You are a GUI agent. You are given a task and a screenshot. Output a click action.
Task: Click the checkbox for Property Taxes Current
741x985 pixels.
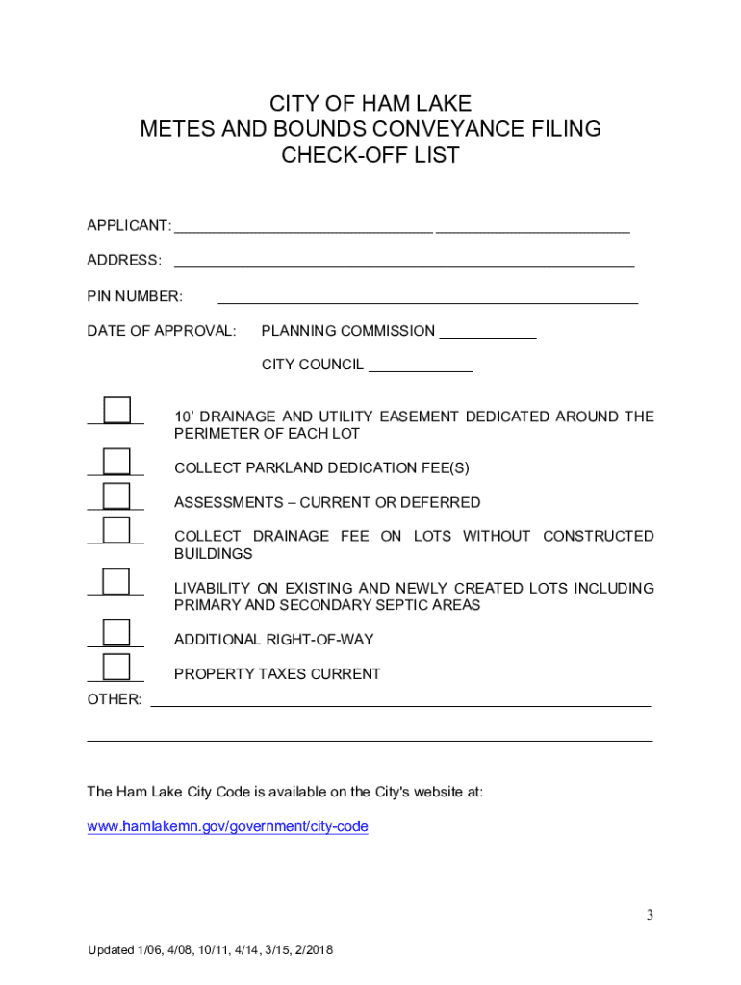pyautogui.click(x=116, y=667)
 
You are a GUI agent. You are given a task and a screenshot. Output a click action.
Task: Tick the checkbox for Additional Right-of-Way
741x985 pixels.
pyautogui.click(x=116, y=632)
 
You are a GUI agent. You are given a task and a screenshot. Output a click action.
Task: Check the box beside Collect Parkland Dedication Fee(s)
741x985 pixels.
pyautogui.click(x=116, y=461)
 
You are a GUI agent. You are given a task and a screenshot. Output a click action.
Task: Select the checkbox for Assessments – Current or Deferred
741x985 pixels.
pyautogui.click(x=116, y=495)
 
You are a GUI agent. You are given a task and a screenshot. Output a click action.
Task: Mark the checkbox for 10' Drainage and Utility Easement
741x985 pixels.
pyautogui.click(x=116, y=410)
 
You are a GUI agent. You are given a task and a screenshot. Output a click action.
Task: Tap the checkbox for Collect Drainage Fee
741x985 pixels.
pyautogui.click(x=116, y=530)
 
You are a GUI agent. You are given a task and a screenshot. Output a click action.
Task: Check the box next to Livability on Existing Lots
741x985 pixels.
pyautogui.click(x=116, y=582)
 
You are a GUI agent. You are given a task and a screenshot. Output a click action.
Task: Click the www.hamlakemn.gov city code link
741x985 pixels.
pyautogui.click(x=227, y=826)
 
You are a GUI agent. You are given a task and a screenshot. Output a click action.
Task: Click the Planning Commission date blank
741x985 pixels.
pyautogui.click(x=488, y=332)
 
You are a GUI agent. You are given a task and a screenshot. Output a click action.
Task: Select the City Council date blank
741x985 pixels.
pyautogui.click(x=421, y=366)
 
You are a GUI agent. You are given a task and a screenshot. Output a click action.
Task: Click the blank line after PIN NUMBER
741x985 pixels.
pyautogui.click(x=427, y=296)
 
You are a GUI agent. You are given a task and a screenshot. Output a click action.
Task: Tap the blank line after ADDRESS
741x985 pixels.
pyautogui.click(x=403, y=261)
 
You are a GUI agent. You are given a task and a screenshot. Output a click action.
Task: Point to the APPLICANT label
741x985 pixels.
pyautogui.click(x=129, y=225)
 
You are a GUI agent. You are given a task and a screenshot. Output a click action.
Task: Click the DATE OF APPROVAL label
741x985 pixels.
pyautogui.click(x=161, y=331)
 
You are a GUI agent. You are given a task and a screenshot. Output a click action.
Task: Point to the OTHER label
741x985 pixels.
pyautogui.click(x=114, y=699)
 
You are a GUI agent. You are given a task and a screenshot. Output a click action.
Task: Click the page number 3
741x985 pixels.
pyautogui.click(x=650, y=915)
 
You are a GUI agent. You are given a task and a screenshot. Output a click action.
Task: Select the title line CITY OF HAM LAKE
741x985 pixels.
pyautogui.click(x=370, y=104)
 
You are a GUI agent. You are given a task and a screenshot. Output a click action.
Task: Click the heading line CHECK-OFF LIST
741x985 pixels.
pyautogui.click(x=370, y=154)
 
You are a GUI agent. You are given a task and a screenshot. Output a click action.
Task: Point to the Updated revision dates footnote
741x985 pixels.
pyautogui.click(x=210, y=950)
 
